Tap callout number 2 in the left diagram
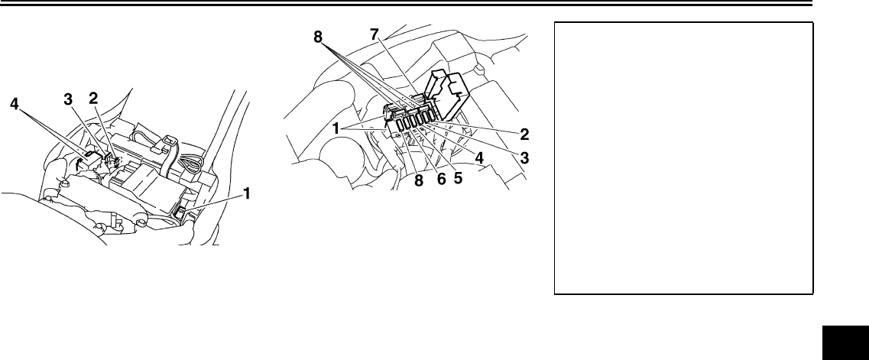point(93,99)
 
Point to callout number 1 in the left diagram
point(247,194)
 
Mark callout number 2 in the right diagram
point(525,135)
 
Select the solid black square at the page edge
point(846,339)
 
